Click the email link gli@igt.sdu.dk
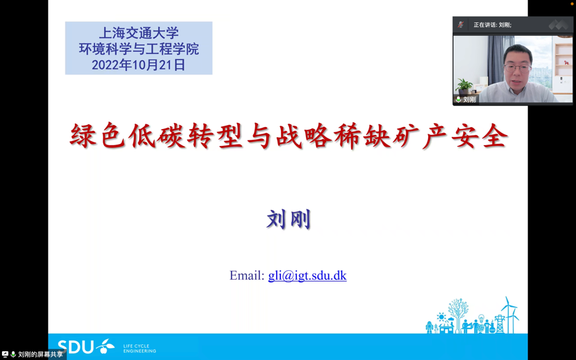(x=307, y=276)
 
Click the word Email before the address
(x=246, y=276)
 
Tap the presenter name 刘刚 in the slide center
(x=288, y=220)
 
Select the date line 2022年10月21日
(x=138, y=65)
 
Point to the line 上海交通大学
(x=138, y=32)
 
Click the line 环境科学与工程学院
(x=138, y=49)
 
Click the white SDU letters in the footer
(x=75, y=347)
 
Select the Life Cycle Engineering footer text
(x=139, y=349)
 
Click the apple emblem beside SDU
(x=105, y=346)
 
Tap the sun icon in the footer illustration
(x=441, y=317)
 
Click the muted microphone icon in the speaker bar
(x=461, y=25)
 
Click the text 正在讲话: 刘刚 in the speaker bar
(x=492, y=25)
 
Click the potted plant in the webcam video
(x=464, y=85)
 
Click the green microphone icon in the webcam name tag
(x=459, y=99)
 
